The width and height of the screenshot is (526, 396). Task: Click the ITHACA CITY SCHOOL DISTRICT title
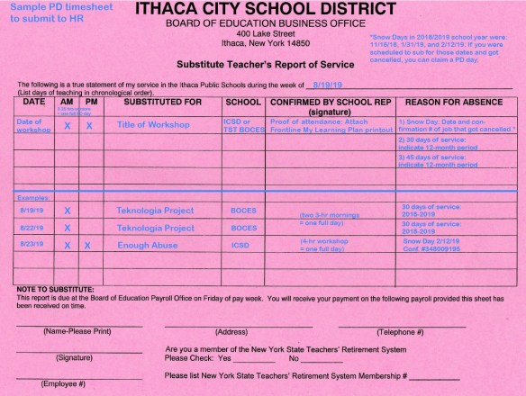265,10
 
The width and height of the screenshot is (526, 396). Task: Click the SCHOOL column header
243,103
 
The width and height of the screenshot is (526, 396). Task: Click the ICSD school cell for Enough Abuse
240,245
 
